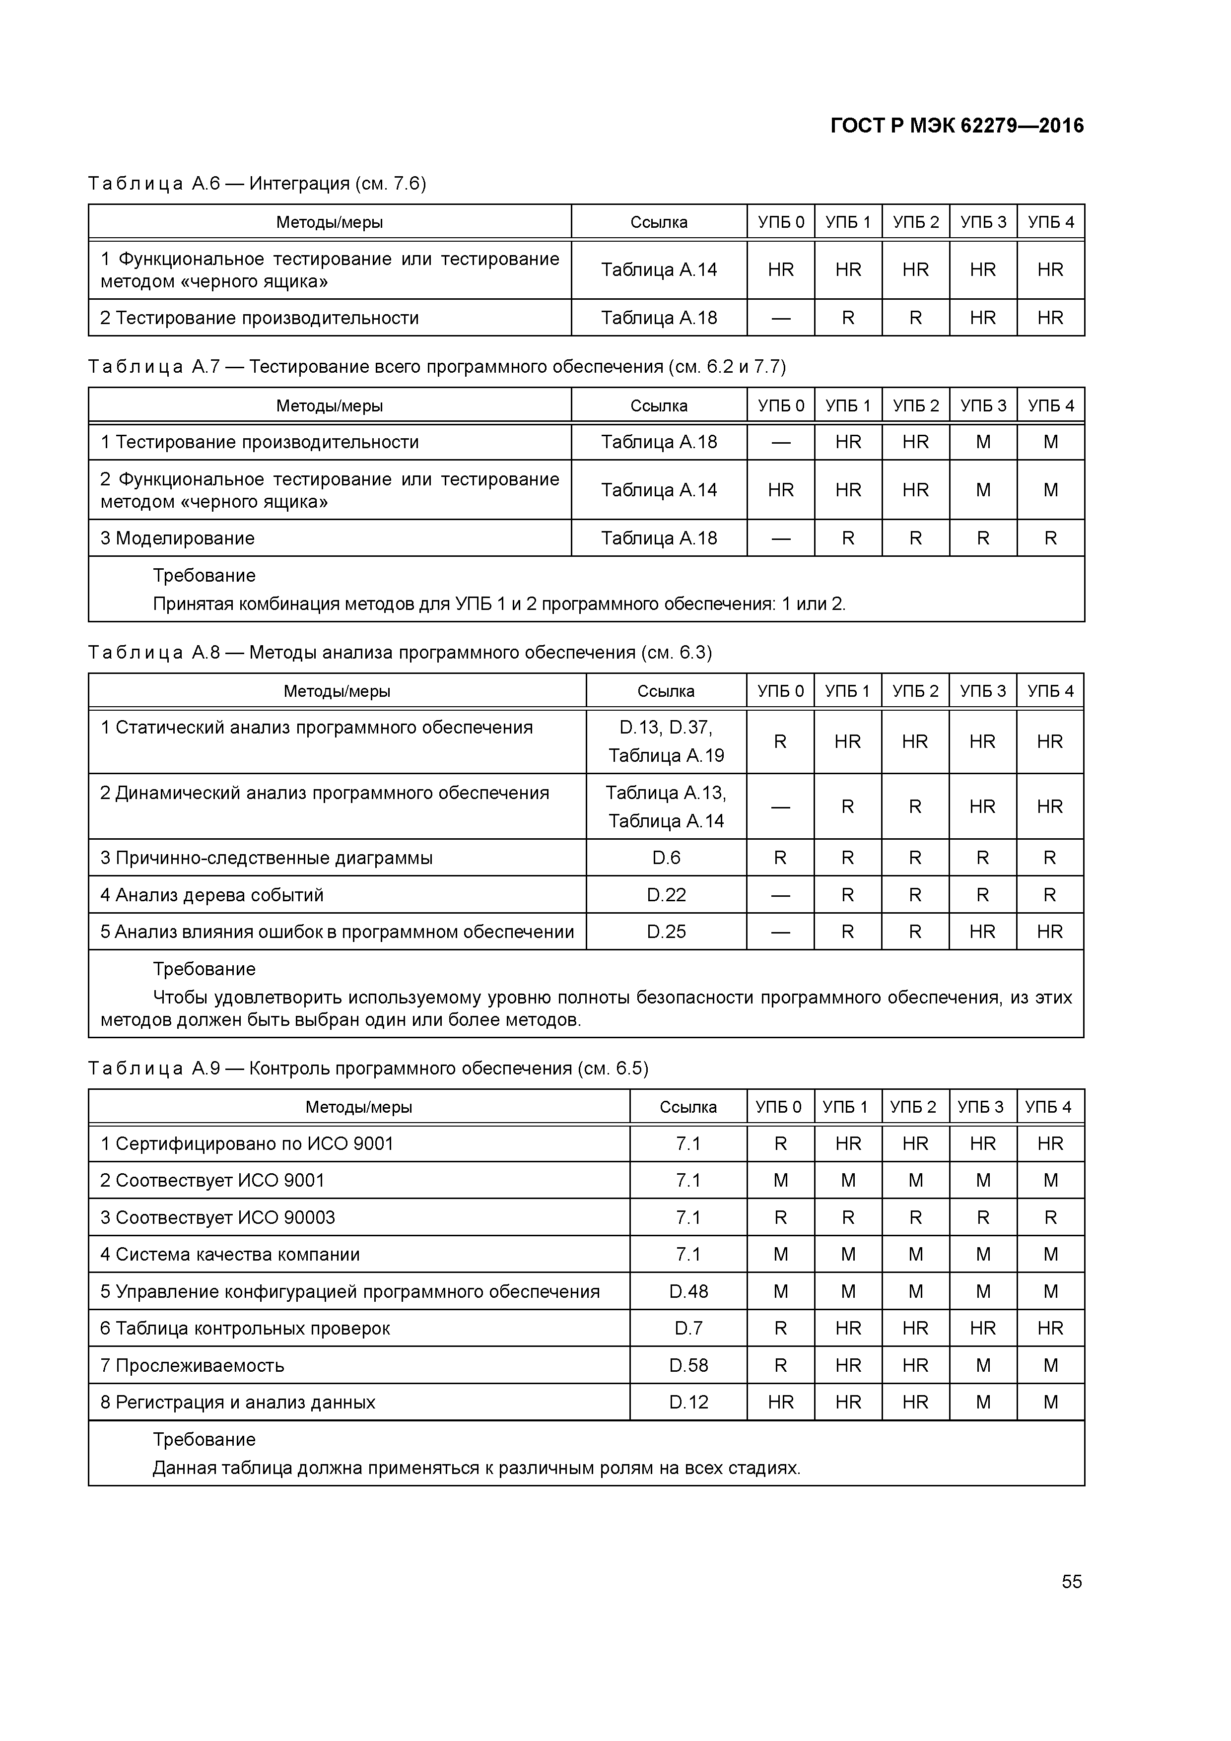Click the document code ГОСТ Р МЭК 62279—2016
(x=957, y=125)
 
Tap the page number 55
(x=1071, y=1581)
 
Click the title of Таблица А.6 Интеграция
(x=257, y=184)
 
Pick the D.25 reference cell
(x=666, y=931)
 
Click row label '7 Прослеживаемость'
(x=192, y=1365)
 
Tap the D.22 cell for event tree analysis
(x=666, y=895)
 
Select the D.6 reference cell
(x=666, y=858)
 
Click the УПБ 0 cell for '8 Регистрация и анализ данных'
(x=780, y=1402)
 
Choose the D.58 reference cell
(x=688, y=1365)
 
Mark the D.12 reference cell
(x=688, y=1402)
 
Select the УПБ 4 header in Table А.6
(x=1050, y=222)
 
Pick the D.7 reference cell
(x=688, y=1328)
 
